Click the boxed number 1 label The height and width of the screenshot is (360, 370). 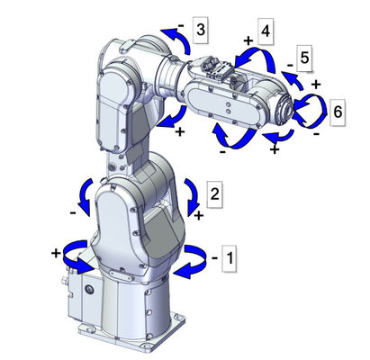tap(229, 258)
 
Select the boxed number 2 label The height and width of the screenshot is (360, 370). tap(215, 194)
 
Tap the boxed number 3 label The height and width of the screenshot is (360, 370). tap(201, 31)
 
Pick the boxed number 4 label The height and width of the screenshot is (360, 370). tap(266, 31)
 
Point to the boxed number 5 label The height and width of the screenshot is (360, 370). tap(304, 58)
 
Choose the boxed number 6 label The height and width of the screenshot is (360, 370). tap(338, 112)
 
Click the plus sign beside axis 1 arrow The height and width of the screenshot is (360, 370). tap(56, 254)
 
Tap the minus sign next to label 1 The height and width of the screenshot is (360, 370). tap(214, 257)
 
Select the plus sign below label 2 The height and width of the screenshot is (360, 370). tap(199, 215)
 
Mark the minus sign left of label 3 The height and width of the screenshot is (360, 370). tap(181, 26)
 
